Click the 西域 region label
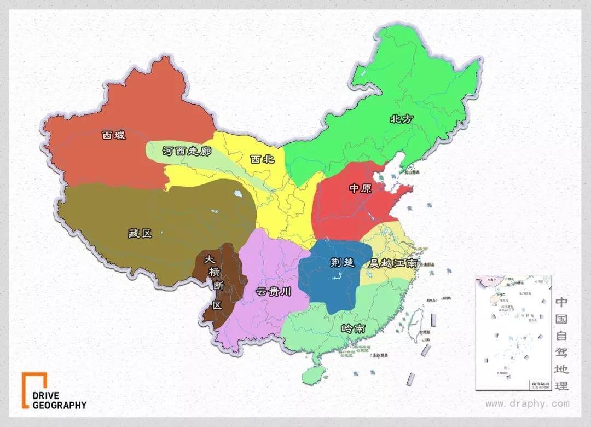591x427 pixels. (114, 135)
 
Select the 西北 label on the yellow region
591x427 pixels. (262, 159)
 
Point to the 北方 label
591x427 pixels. (401, 119)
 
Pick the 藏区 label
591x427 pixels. (140, 233)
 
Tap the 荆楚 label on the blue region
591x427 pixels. (343, 262)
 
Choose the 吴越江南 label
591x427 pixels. (393, 263)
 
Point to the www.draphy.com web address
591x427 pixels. (528, 404)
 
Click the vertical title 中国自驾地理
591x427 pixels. (562, 344)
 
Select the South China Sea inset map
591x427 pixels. (513, 332)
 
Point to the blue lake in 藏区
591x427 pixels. (237, 194)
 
